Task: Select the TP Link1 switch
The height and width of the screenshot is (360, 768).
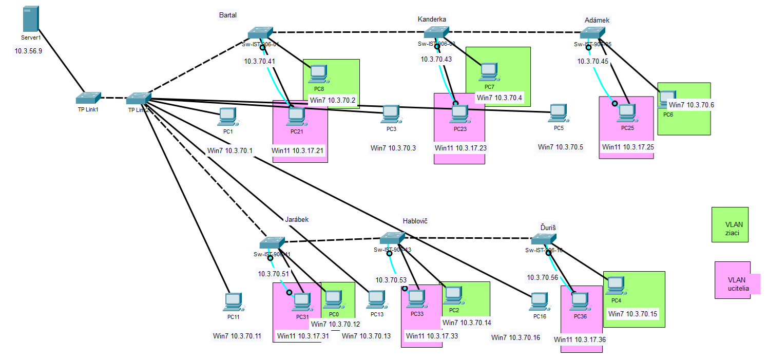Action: pos(88,97)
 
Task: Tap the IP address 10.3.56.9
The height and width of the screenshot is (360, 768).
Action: pos(29,51)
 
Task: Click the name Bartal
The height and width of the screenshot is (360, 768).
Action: pos(228,15)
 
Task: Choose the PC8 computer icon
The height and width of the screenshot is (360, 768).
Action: pos(319,73)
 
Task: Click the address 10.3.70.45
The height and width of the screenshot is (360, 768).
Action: pos(593,61)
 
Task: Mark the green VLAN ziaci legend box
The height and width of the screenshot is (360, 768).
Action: pos(729,224)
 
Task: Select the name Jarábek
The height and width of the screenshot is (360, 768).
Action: pos(297,219)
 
